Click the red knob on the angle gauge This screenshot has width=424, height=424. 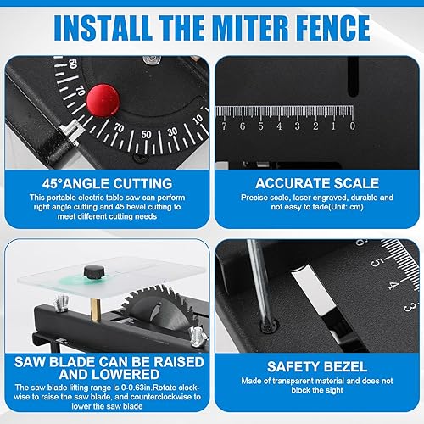(103, 100)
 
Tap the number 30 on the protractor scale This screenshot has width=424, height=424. (172, 131)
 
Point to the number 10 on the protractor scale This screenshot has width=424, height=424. (198, 119)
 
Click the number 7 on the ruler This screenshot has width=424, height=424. (224, 126)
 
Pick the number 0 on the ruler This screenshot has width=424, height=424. (352, 126)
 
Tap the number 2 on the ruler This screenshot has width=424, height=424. (315, 126)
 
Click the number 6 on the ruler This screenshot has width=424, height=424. (243, 126)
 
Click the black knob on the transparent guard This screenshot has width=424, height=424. (94, 272)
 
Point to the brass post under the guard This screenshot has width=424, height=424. (96, 310)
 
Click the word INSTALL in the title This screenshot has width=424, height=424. (103, 28)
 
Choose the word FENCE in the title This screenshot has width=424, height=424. (333, 28)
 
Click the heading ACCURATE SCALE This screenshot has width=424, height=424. (317, 183)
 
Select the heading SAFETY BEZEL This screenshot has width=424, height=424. (317, 366)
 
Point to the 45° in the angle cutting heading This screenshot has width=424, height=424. (52, 184)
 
